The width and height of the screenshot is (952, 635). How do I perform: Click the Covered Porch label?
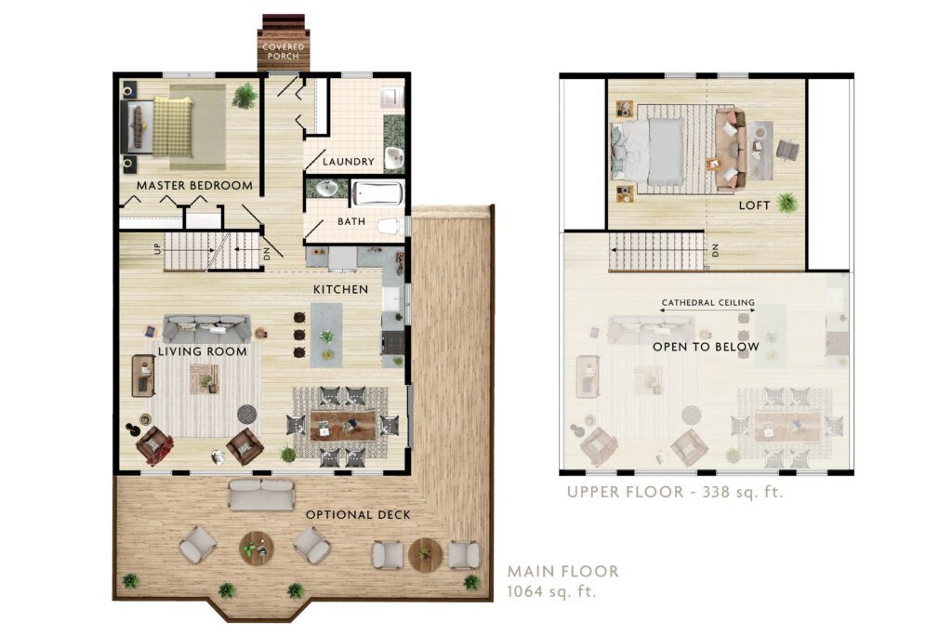[283, 51]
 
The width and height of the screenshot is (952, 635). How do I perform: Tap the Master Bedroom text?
[194, 186]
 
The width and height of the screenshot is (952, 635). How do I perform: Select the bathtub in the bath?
[377, 193]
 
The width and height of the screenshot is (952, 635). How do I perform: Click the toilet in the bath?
[390, 227]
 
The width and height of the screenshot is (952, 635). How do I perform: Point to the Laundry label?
[349, 162]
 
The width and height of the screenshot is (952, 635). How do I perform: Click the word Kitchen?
[340, 289]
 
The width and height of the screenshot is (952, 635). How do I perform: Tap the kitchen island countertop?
[326, 335]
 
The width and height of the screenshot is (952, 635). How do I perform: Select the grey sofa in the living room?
[206, 328]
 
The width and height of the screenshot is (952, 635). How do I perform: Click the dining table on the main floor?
[344, 426]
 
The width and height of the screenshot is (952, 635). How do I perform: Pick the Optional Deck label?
[358, 515]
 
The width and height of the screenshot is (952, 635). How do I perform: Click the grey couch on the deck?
[261, 495]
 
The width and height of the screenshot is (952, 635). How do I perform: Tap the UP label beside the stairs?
[158, 248]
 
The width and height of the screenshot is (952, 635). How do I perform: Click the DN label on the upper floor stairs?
[715, 250]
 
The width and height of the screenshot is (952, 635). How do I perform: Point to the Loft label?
[755, 205]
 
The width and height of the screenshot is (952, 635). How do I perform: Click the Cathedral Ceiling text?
[708, 302]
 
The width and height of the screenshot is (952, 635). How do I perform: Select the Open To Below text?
[707, 347]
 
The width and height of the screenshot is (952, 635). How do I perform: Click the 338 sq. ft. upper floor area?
[743, 492]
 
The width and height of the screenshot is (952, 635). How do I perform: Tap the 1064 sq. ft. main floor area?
[552, 590]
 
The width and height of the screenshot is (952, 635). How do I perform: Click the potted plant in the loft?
[787, 202]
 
